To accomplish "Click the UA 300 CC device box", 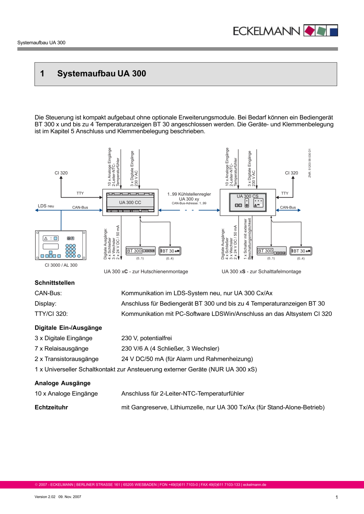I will tap(130, 202).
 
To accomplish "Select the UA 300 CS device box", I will tap(247, 202).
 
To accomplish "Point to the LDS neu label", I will tap(46, 206).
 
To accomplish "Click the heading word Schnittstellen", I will tap(54, 282).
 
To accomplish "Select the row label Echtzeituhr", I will tap(51, 407).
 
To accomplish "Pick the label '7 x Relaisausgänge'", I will tap(62, 349).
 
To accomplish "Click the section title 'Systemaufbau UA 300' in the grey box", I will tap(102, 74).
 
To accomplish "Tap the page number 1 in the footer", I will tap(336, 497).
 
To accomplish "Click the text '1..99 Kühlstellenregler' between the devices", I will tap(189, 194).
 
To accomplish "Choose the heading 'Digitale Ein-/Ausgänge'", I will tap(68, 328).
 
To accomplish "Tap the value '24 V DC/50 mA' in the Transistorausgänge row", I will tap(141, 359).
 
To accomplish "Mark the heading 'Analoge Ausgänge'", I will tap(62, 383).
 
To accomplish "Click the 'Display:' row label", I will tap(45, 303).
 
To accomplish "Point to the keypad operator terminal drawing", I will tap(61, 245).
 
